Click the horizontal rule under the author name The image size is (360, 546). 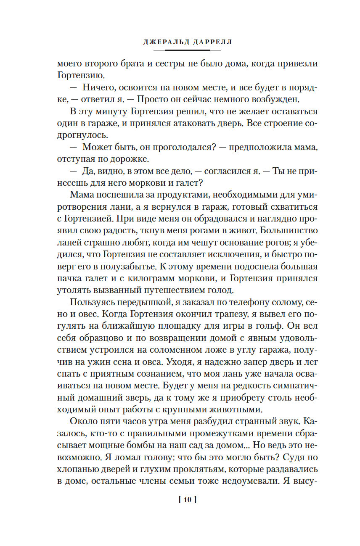click(x=188, y=50)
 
